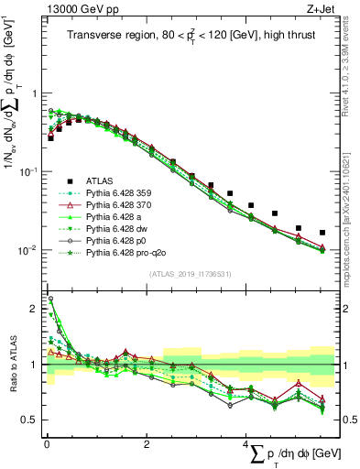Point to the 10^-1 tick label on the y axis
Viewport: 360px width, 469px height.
tap(27, 171)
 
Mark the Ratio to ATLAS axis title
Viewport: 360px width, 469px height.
tap(12, 366)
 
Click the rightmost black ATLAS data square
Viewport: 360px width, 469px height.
tap(322, 233)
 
